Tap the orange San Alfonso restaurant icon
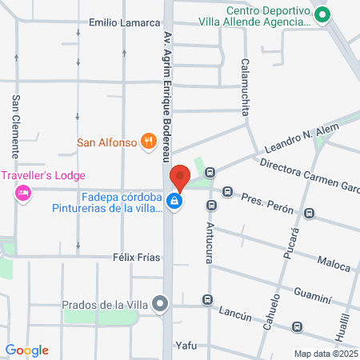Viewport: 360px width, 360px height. click(147, 142)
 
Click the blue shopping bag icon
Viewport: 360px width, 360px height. click(174, 202)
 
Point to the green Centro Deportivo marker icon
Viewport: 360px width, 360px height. click(322, 14)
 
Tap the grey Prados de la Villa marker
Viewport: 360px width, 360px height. click(161, 303)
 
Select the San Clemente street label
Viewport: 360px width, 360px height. click(15, 126)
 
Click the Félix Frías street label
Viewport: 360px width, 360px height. click(137, 258)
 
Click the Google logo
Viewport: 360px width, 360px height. click(27, 350)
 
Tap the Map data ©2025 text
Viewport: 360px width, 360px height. click(325, 353)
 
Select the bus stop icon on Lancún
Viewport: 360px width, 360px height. click(207, 300)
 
